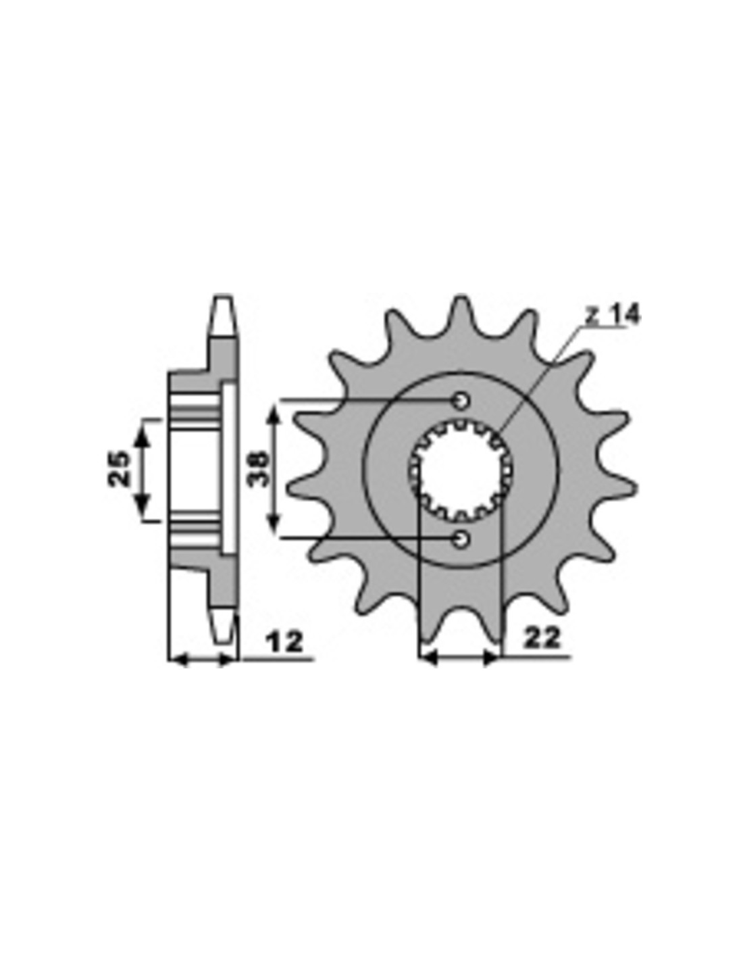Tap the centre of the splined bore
point(460,469)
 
